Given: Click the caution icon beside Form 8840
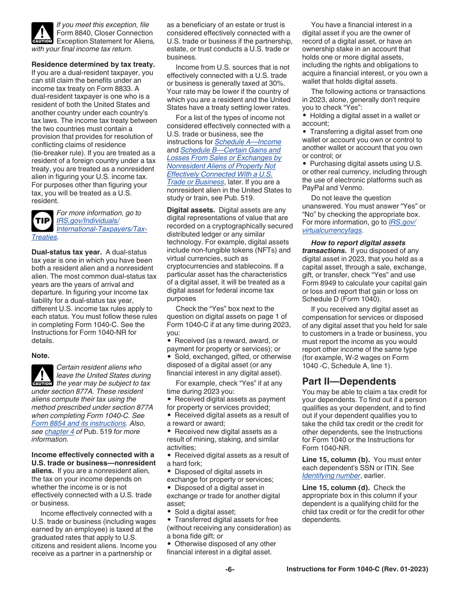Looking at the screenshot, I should click(42, 33).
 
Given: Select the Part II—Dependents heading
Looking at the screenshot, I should click(349, 381).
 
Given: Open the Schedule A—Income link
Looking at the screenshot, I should click(247, 142).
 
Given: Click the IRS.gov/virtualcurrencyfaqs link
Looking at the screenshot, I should click(359, 226).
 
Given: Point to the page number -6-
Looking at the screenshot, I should click(230, 569).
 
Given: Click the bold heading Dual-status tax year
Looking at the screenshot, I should click(66, 252).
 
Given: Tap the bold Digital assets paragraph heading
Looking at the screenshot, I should click(191, 210).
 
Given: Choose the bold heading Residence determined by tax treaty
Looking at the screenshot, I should click(93, 64).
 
